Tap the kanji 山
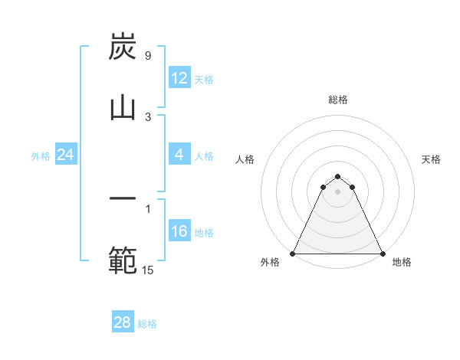123,108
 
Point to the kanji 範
123,260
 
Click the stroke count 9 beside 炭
147,55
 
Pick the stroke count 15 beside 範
147,270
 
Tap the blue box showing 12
179,77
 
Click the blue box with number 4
179,155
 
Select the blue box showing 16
179,231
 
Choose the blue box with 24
66,155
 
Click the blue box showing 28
123,322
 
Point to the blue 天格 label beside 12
203,79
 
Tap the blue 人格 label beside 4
203,156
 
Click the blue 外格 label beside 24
41,156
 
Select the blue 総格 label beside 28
147,324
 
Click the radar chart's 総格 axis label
337,100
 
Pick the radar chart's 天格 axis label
431,159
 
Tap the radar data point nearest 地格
382,254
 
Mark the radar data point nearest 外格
293,254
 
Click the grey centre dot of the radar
337,191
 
